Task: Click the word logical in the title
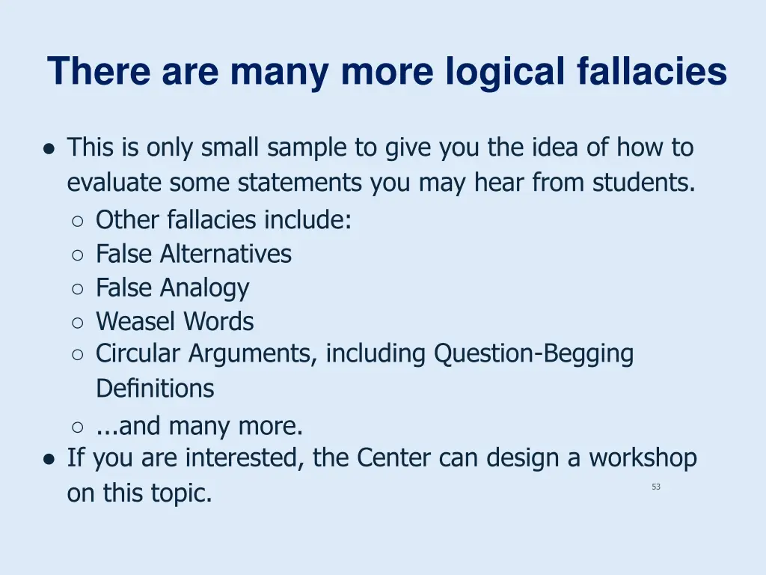[x=506, y=73]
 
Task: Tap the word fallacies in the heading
[x=652, y=73]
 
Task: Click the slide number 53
[x=656, y=487]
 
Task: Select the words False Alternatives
[x=193, y=254]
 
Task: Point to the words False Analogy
[x=172, y=287]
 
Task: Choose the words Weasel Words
[x=174, y=322]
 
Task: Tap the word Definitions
[x=154, y=389]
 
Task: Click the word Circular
[x=138, y=353]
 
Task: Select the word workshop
[x=643, y=457]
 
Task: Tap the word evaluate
[x=114, y=182]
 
